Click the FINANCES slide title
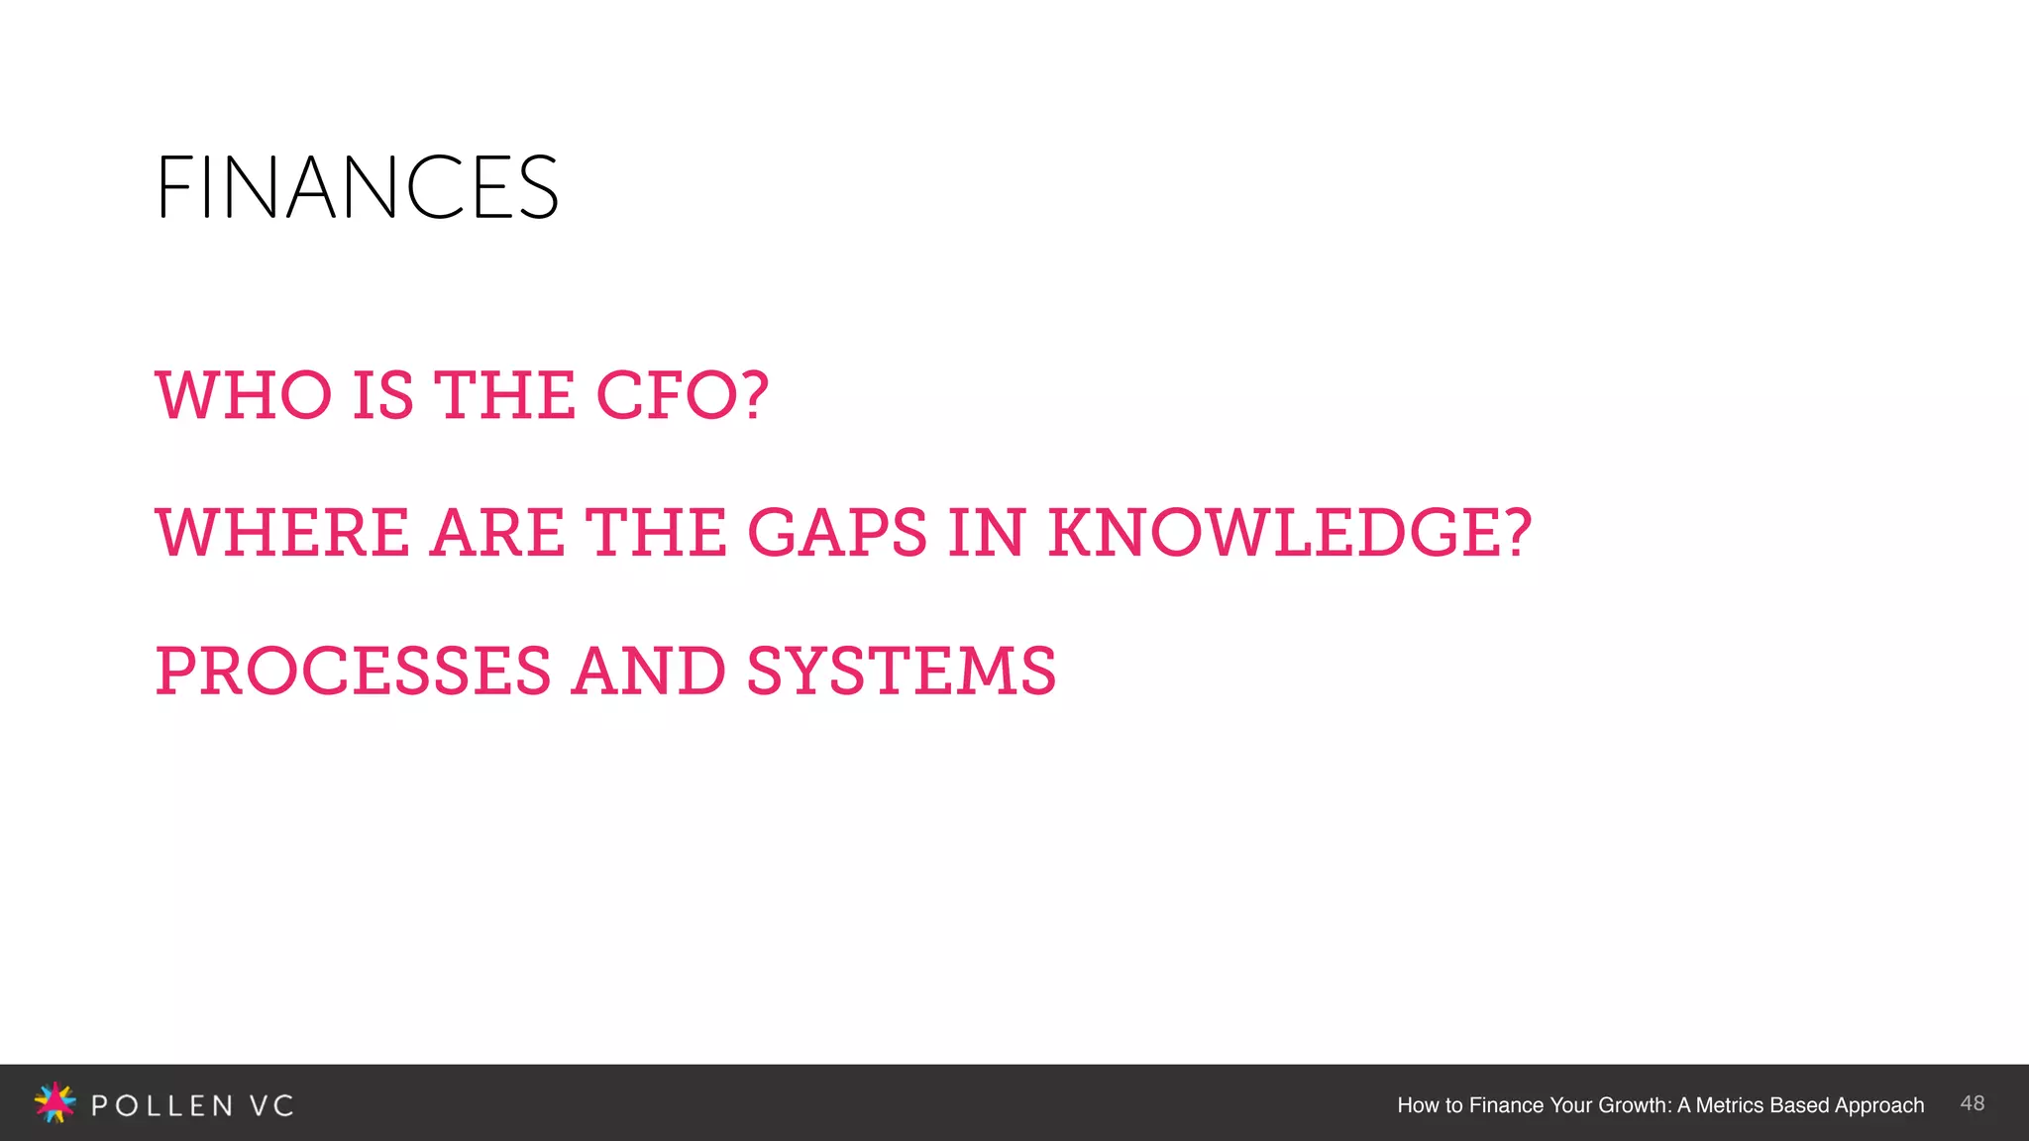tap(357, 187)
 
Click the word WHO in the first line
tap(244, 395)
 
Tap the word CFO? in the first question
tap(682, 395)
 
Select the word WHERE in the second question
tap(282, 533)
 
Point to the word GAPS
tap(836, 533)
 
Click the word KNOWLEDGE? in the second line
tap(1289, 533)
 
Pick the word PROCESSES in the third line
tap(353, 671)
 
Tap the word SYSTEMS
tap(901, 671)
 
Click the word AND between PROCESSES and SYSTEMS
tap(649, 671)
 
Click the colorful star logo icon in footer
tap(54, 1102)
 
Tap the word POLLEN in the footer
tap(162, 1105)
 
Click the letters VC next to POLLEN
tap(271, 1105)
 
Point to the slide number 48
tap(1972, 1103)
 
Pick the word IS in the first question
tap(382, 395)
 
